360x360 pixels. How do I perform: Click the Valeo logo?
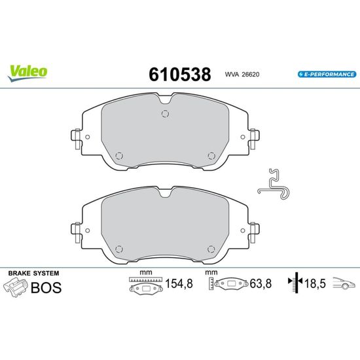pos(27,73)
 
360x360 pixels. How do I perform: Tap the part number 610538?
pos(180,75)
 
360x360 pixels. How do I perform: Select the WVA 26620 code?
pos(242,75)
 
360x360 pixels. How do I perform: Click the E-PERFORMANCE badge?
pos(327,74)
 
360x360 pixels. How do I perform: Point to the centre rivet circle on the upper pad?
pos(165,114)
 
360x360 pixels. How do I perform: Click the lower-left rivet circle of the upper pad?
pos(119,156)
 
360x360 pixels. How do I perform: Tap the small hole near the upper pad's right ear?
pos(243,137)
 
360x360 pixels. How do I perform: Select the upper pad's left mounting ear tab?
pos(76,139)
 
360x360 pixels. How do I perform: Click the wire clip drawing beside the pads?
pos(274,185)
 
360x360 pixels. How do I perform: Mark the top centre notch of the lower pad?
pos(165,193)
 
